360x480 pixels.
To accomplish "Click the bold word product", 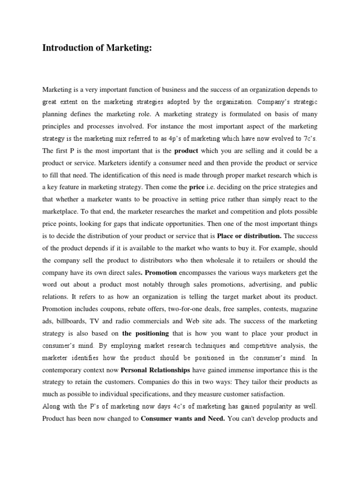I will [186, 151].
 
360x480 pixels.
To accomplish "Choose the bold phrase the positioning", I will [145, 334].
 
